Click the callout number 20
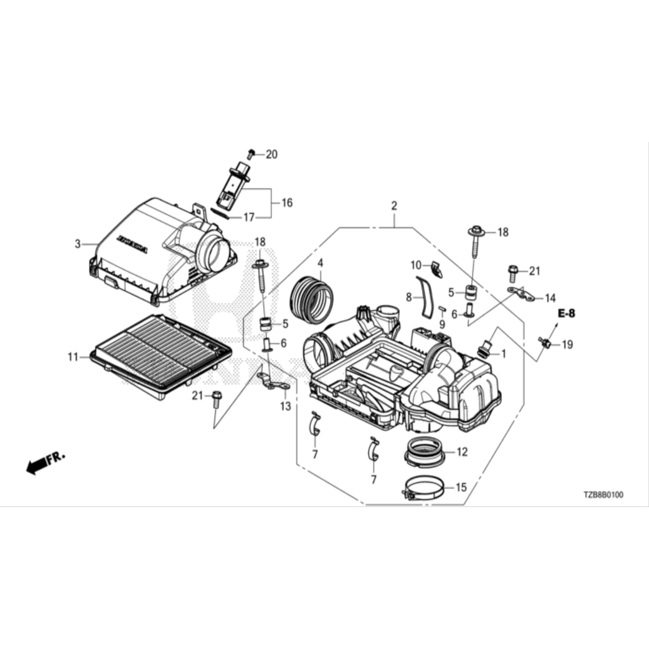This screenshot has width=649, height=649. [272, 154]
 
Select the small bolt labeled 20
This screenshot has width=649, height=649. [251, 153]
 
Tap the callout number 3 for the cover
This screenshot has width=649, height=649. [78, 243]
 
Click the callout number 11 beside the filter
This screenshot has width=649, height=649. [73, 357]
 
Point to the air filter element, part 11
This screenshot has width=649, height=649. [158, 355]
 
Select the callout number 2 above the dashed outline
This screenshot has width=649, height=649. [394, 206]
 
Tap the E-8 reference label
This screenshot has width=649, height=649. [567, 313]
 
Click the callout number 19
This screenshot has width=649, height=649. [567, 345]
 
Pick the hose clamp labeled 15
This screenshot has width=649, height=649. [423, 488]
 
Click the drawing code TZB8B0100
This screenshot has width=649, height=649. [603, 495]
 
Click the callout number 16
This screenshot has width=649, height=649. [287, 203]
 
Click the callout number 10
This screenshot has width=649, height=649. [416, 264]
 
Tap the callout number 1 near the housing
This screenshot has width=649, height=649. [503, 354]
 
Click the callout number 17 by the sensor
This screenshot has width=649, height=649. [249, 217]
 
